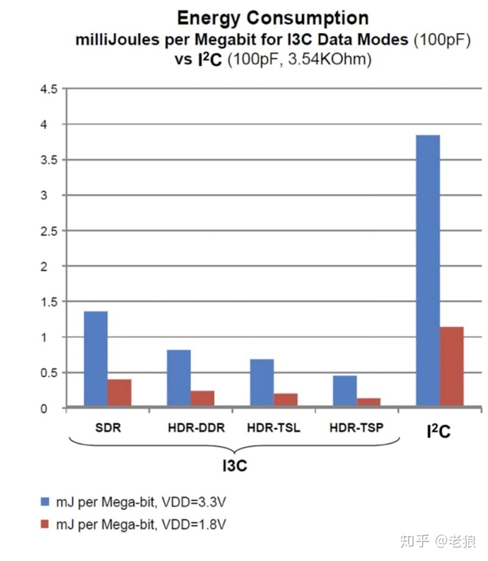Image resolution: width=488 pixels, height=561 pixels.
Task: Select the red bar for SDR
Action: click(x=120, y=392)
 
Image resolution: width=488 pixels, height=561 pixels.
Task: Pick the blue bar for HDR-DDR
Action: click(x=179, y=378)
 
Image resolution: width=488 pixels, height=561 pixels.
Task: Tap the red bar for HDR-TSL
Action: click(x=285, y=400)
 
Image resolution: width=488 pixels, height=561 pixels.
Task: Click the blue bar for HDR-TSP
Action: click(x=345, y=390)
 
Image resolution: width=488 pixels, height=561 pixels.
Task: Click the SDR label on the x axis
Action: click(x=109, y=428)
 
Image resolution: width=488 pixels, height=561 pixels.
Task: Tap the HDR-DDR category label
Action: click(x=196, y=428)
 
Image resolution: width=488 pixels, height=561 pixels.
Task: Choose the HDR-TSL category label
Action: click(x=273, y=428)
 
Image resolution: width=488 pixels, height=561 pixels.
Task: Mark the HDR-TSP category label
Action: click(x=356, y=428)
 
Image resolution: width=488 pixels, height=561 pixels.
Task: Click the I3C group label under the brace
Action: click(x=234, y=466)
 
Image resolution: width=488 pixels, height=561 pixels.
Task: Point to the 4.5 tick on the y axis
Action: click(x=48, y=90)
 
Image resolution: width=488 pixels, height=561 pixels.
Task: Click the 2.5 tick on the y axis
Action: click(x=48, y=231)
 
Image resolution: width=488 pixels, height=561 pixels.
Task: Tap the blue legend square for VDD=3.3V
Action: click(x=44, y=501)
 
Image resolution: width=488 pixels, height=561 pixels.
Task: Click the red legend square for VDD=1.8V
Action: click(x=44, y=524)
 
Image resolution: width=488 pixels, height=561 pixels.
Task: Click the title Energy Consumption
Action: click(x=272, y=18)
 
